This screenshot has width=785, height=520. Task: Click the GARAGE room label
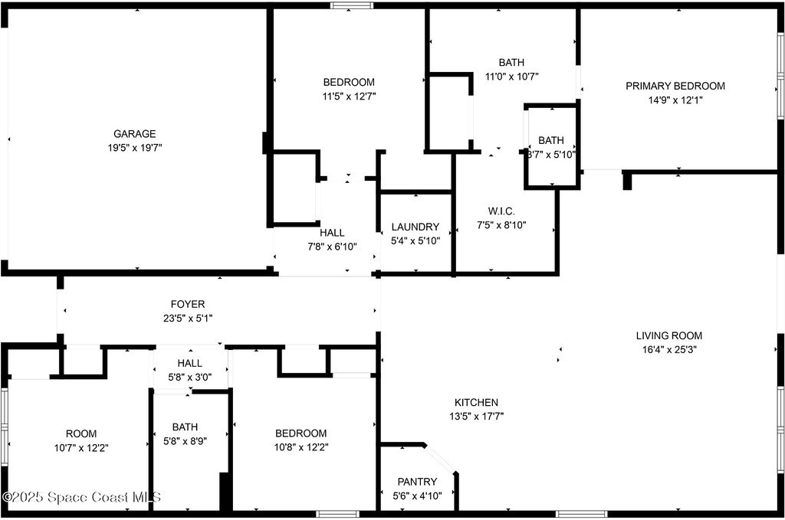tap(135, 133)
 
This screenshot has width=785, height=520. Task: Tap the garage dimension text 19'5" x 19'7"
tap(135, 148)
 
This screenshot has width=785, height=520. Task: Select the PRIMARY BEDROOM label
tap(675, 86)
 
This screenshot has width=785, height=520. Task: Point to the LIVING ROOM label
tap(668, 335)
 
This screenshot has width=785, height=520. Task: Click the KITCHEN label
tap(476, 402)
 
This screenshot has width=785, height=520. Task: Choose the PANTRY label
tap(417, 482)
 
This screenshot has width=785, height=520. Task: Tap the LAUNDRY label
tap(415, 227)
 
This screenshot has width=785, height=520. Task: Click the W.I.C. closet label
tap(501, 211)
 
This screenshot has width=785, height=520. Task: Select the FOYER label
tap(188, 304)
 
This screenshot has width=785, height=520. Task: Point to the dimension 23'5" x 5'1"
tap(188, 318)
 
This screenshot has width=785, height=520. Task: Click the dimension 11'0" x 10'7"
tap(511, 77)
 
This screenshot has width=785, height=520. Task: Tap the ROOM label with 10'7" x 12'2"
tap(81, 433)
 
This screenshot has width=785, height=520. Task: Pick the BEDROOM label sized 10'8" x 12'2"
tap(301, 433)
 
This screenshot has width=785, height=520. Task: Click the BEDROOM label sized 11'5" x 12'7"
tap(349, 82)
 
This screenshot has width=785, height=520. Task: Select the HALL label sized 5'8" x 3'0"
tap(190, 363)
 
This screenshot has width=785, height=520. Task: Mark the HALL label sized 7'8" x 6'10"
tap(332, 233)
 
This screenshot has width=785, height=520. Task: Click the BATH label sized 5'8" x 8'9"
tap(185, 427)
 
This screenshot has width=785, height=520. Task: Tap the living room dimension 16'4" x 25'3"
tap(669, 349)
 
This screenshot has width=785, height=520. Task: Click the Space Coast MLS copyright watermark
tap(81, 497)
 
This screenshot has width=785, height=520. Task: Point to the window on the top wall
tap(351, 5)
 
